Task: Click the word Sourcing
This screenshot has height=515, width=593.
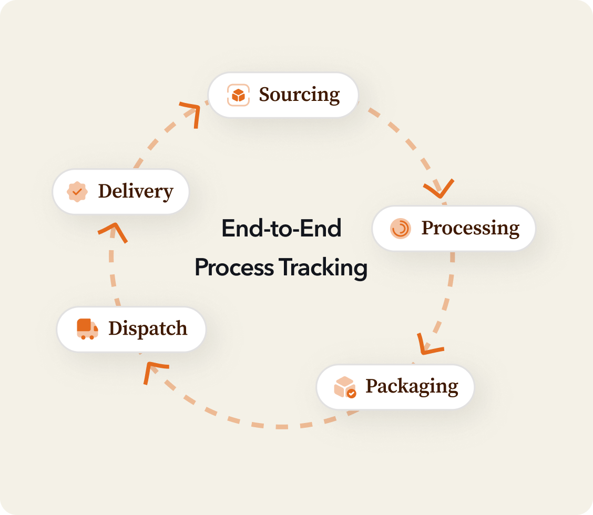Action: (299, 95)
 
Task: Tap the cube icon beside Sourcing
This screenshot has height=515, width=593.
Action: (238, 95)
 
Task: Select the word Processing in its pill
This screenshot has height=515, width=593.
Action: (471, 229)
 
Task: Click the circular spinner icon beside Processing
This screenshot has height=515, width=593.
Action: (401, 229)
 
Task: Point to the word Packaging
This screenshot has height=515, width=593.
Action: (412, 386)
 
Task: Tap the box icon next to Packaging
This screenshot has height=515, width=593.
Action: (345, 387)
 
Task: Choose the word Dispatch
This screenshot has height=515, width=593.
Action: (148, 328)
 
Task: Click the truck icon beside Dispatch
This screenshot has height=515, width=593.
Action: (87, 328)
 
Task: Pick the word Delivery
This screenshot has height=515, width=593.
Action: (136, 191)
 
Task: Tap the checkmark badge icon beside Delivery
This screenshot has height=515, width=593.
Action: (77, 191)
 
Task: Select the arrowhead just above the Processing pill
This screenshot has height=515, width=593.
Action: (439, 189)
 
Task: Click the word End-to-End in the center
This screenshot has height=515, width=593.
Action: (281, 229)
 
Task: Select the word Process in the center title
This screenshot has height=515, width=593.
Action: (234, 267)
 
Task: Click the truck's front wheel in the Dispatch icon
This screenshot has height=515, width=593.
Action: (93, 337)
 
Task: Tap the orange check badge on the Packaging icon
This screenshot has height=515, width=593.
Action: (352, 393)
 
